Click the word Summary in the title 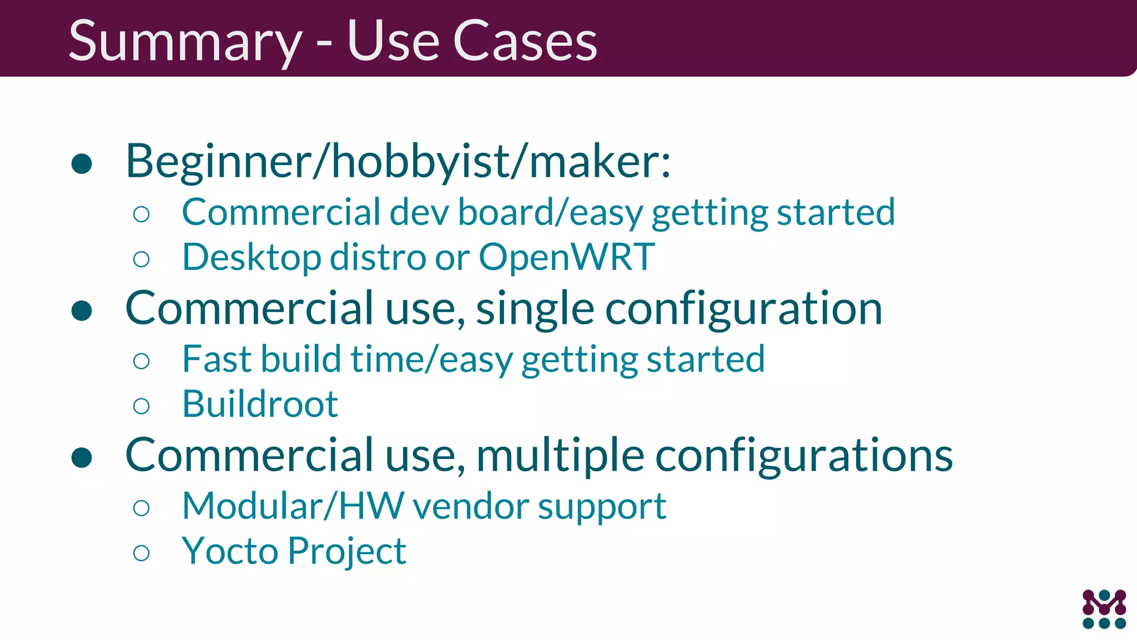point(185,42)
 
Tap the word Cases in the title point(525,42)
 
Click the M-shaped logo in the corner point(1104,609)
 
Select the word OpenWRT point(566,257)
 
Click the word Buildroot point(260,404)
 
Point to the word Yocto point(230,551)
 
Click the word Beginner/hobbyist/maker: point(398,162)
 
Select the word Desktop point(251,258)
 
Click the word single point(535,309)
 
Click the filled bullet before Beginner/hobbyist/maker point(82,163)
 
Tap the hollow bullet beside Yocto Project point(142,553)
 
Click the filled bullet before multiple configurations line point(82,457)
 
